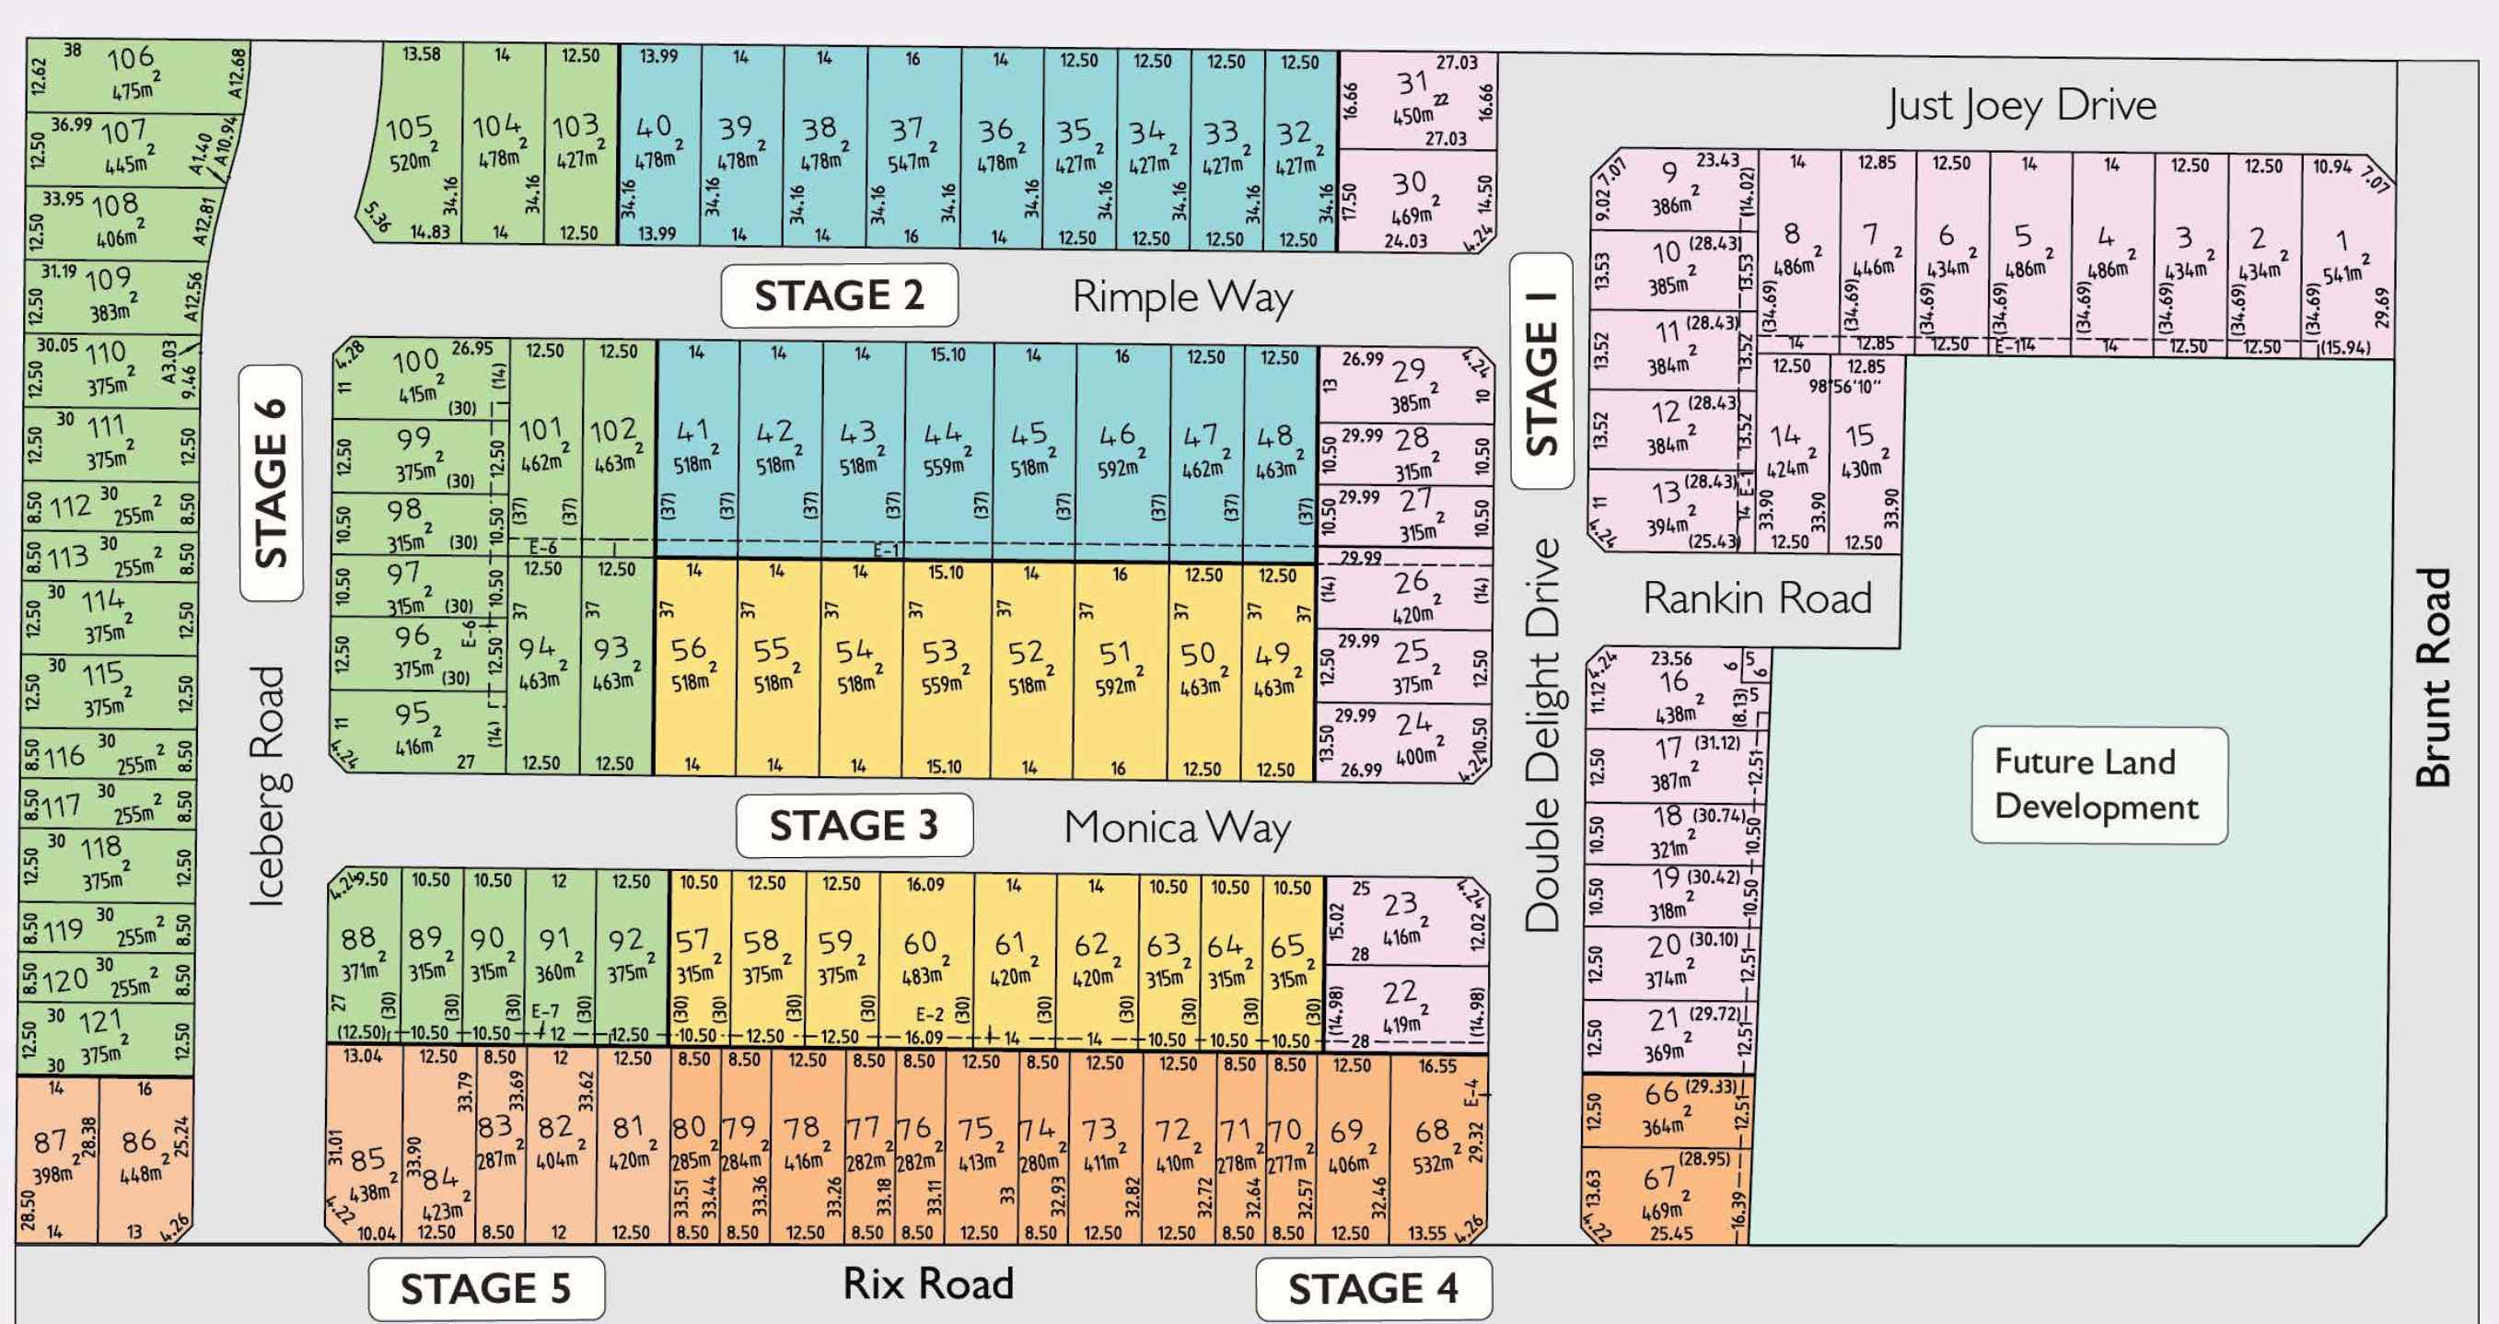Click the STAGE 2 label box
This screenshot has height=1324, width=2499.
[x=839, y=296]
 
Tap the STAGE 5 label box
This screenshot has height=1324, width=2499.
[x=486, y=1289]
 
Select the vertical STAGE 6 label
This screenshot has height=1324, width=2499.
[x=272, y=483]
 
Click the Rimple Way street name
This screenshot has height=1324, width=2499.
[x=1182, y=296]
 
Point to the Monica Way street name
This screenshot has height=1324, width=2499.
[x=1177, y=828]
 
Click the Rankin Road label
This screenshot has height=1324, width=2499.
[x=1757, y=598]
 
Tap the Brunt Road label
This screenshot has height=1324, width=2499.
[x=2432, y=677]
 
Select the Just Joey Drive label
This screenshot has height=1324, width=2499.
[x=2022, y=106]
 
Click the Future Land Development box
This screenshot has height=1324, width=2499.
[x=2098, y=784]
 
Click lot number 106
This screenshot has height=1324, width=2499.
[x=130, y=59]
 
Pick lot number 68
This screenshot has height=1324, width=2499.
[x=1432, y=1131]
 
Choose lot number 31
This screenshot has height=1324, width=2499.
[x=1412, y=84]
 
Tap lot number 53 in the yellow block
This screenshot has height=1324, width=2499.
[x=940, y=651]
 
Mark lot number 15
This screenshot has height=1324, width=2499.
[x=1859, y=436]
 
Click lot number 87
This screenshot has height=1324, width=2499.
[x=51, y=1142]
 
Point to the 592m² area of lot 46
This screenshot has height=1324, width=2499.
[x=1118, y=469]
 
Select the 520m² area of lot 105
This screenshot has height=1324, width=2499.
[x=411, y=162]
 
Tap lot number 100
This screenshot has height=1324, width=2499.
[x=415, y=362]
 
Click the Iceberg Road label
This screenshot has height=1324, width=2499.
[x=269, y=785]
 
